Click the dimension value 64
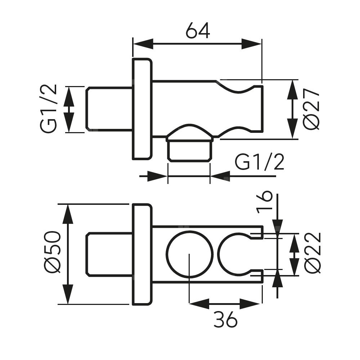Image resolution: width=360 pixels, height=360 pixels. coord(198,31)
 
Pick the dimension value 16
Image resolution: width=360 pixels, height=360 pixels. coord(266,202)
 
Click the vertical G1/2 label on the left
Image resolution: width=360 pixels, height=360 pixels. coord(49,109)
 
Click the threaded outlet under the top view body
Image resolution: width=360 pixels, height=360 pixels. coord(189,149)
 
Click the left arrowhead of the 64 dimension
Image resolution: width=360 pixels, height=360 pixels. coord(142,44)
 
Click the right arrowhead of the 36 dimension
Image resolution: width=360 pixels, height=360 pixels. coord(252,303)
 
